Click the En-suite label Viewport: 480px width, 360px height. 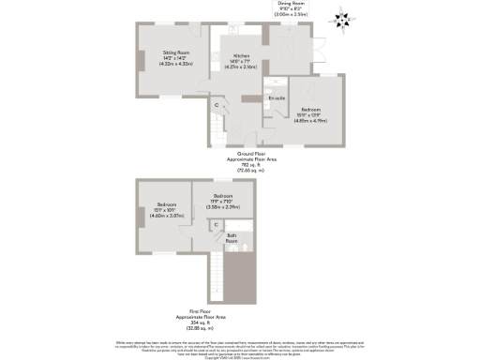[x=276, y=97]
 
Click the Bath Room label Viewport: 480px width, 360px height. [x=231, y=236]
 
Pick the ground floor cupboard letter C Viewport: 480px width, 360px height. [x=216, y=105]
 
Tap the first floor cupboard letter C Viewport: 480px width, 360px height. [x=216, y=225]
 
